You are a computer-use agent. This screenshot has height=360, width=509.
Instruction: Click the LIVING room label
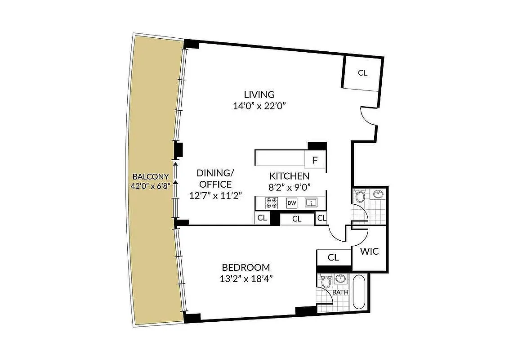(259, 94)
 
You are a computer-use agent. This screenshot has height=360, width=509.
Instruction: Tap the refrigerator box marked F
(315, 160)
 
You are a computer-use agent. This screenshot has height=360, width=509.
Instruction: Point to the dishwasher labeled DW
(292, 203)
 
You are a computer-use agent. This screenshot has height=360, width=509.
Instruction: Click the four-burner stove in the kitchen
(272, 203)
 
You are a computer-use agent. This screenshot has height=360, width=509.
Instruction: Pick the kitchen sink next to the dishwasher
(311, 203)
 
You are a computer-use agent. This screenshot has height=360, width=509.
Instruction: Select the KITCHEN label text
(289, 176)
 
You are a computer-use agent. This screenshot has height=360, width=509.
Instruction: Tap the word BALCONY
(151, 177)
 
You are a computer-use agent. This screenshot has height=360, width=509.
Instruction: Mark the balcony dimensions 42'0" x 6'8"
(151, 186)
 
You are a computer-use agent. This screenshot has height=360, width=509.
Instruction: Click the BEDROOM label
(246, 267)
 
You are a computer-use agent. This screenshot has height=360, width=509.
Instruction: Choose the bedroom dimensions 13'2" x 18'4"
(246, 278)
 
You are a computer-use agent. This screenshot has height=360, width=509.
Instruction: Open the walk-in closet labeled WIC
(369, 251)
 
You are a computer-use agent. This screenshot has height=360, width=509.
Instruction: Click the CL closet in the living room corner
(362, 73)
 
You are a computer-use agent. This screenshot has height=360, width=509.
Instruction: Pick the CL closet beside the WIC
(333, 257)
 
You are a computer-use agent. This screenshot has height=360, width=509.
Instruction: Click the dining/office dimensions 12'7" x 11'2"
(215, 195)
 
